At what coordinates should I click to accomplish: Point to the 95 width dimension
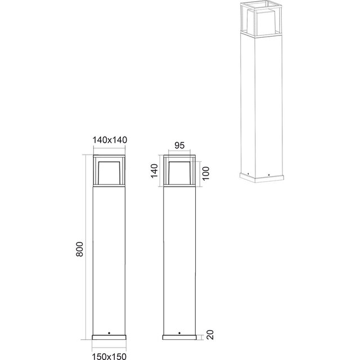pos(180,145)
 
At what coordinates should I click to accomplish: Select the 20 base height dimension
pos(210,336)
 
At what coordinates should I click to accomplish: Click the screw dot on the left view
pos(109,331)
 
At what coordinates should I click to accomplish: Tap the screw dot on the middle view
pos(180,331)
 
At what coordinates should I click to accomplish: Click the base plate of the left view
pos(109,337)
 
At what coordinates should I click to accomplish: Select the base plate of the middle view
pos(180,337)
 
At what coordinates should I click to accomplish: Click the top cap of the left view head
pos(109,155)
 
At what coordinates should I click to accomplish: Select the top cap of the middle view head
pos(180,155)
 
